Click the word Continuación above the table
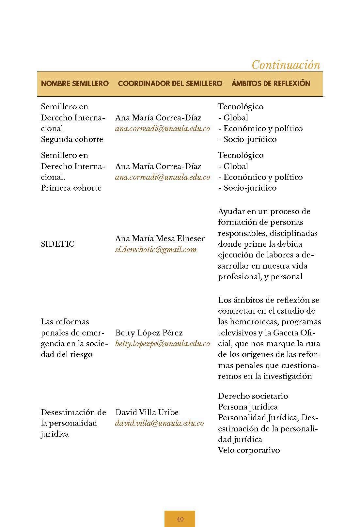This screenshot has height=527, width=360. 286,65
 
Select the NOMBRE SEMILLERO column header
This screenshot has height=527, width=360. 75,84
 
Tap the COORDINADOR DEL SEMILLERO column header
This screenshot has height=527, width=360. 170,84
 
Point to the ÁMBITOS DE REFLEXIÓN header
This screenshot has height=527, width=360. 271,84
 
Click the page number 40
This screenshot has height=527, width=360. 180,519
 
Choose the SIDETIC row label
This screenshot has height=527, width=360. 58,244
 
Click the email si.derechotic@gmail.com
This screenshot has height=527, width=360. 156,250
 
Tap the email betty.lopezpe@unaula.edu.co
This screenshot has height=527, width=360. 163,344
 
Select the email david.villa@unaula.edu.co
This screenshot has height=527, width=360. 159,423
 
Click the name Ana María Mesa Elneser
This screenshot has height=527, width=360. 160,239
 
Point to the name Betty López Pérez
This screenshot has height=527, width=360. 149,333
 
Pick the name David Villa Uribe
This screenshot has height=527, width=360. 147,412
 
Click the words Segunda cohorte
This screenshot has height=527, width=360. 72,139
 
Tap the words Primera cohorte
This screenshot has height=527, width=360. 71,188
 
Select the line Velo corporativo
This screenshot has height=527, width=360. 249,450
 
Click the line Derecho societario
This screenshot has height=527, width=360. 253,396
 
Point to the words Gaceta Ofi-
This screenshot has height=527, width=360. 294,333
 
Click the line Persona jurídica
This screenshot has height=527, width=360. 248,407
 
